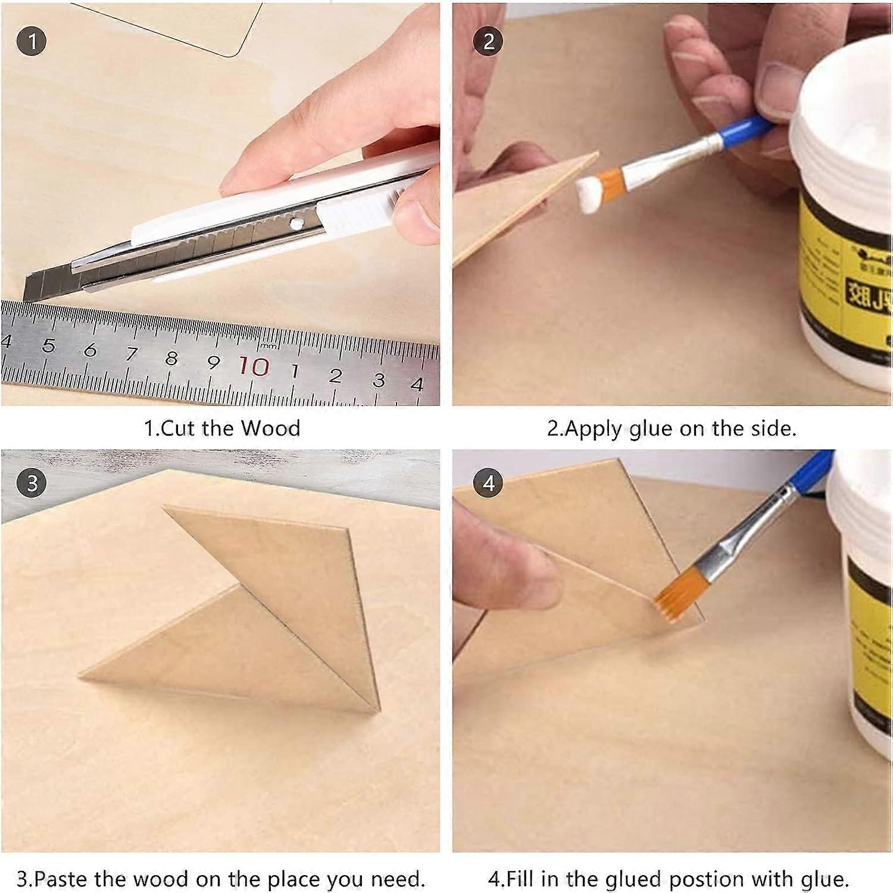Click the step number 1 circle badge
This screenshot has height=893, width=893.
32,42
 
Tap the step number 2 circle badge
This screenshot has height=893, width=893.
488,42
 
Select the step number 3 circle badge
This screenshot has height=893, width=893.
32,483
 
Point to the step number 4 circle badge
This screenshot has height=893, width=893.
488,483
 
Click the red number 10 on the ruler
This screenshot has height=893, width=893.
254,366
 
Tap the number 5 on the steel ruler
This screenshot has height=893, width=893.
49,346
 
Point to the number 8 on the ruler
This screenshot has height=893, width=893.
171,358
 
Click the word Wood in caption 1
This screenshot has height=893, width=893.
270,428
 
